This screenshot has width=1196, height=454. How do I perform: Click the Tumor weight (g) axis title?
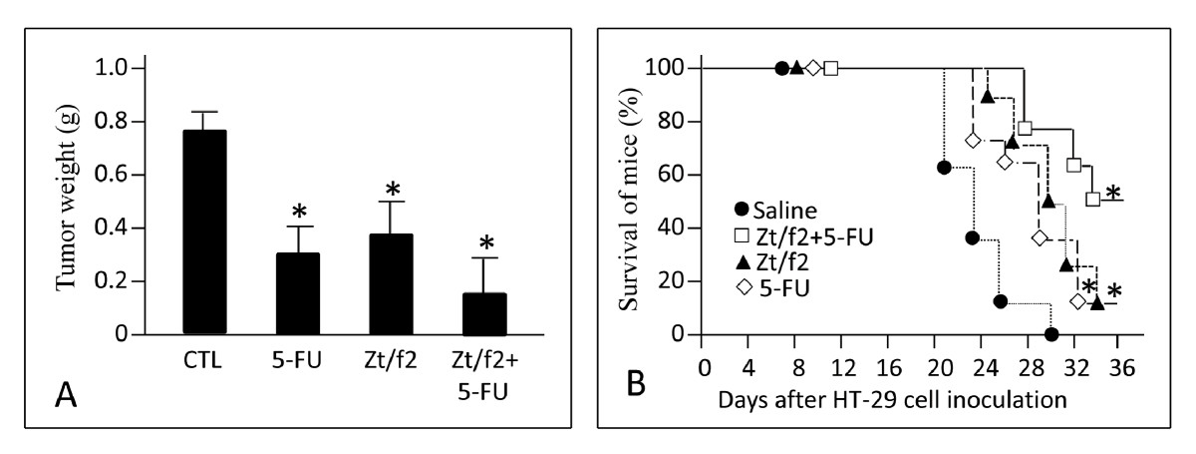pyautogui.click(x=69, y=200)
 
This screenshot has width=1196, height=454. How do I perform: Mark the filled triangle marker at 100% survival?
pyautogui.click(x=796, y=68)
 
